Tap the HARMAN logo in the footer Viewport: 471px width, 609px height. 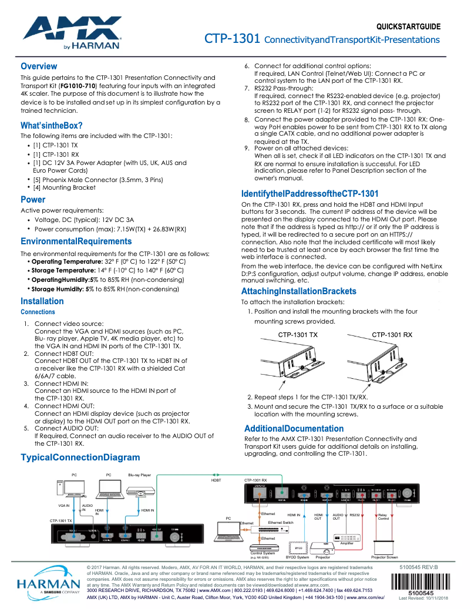point(48,584)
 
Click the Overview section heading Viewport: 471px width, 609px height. point(39,66)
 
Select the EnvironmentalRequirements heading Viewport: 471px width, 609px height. point(76,241)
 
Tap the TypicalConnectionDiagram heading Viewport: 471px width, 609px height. point(80,457)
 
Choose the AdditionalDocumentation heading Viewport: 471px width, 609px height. point(294,428)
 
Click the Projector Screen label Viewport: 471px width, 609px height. point(384,557)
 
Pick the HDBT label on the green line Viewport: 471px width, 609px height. point(216,480)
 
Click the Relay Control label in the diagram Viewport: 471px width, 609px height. point(383,517)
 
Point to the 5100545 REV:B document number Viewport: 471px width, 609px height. point(419,567)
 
